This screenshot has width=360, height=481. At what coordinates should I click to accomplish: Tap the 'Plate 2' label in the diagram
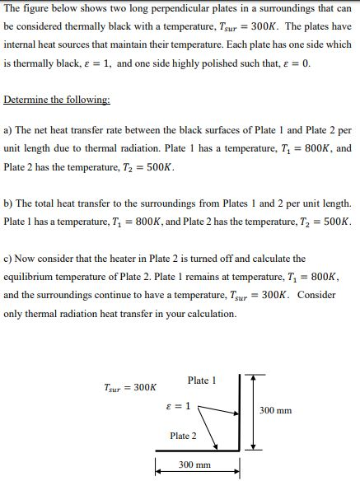(x=183, y=436)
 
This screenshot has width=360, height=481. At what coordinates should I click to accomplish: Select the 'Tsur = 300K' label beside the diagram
(x=130, y=387)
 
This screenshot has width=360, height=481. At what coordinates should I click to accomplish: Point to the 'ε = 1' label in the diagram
(x=177, y=406)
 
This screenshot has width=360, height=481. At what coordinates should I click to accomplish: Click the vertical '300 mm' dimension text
(x=275, y=410)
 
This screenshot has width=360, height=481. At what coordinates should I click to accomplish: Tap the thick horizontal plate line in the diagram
(x=196, y=451)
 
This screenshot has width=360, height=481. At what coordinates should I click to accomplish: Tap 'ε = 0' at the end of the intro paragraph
(x=295, y=63)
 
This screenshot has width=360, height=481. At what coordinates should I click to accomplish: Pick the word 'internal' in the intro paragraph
(x=21, y=44)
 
